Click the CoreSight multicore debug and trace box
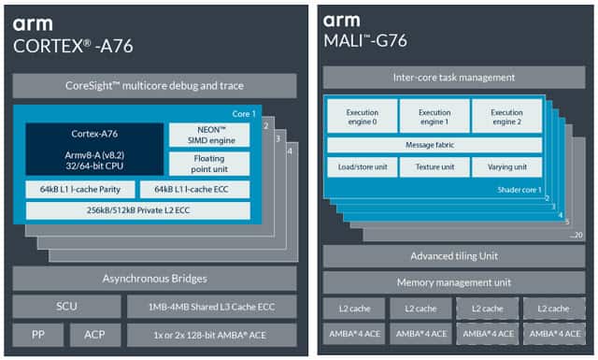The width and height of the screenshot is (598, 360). pyautogui.click(x=154, y=86)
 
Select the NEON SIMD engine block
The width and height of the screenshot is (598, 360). pyautogui.click(x=209, y=135)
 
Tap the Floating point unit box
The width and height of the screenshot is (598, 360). pyautogui.click(x=209, y=164)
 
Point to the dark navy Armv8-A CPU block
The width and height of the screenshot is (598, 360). pyautogui.click(x=94, y=149)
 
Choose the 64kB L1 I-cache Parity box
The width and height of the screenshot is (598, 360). pyautogui.click(x=80, y=190)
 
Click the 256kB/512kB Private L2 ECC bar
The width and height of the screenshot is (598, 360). pyautogui.click(x=138, y=210)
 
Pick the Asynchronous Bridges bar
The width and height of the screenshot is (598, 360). pyautogui.click(x=154, y=279)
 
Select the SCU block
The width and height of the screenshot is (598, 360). pyautogui.click(x=66, y=306)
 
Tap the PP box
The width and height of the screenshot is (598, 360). pyautogui.click(x=38, y=335)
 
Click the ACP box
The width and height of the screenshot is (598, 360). pyautogui.click(x=95, y=335)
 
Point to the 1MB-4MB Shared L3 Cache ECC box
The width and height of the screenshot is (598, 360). pyautogui.click(x=212, y=307)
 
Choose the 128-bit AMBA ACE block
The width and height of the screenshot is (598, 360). pyautogui.click(x=212, y=335)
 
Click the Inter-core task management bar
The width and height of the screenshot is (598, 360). pyautogui.click(x=454, y=78)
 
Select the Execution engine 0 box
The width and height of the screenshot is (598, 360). pyautogui.click(x=363, y=117)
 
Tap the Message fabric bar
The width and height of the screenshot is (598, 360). pyautogui.click(x=434, y=145)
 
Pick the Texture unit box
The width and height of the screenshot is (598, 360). pyautogui.click(x=434, y=167)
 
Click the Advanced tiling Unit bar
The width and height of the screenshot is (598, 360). pyautogui.click(x=454, y=256)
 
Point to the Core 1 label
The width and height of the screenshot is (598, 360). pyautogui.click(x=244, y=114)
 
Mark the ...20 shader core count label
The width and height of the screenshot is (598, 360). pyautogui.click(x=576, y=235)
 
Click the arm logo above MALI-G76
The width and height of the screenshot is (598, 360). pyautogui.click(x=342, y=21)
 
